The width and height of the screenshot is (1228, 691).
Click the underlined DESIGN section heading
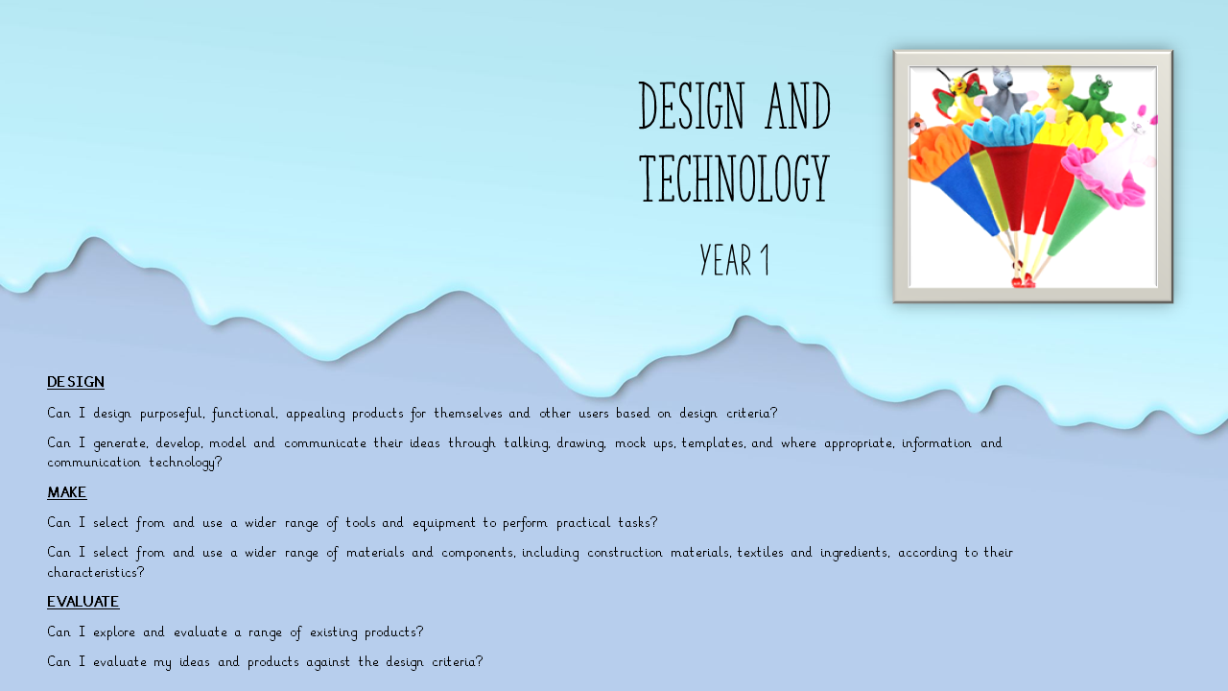coord(76,382)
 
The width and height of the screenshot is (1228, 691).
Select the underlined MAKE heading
coord(67,492)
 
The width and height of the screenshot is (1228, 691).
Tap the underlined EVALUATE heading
coord(83,602)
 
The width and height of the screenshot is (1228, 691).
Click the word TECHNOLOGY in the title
coord(735,179)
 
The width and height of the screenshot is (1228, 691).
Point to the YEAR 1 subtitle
coord(735,259)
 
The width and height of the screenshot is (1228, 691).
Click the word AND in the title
coord(798,106)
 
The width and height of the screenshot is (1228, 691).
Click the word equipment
coord(444,523)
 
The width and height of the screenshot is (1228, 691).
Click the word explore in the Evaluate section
coord(114,632)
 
